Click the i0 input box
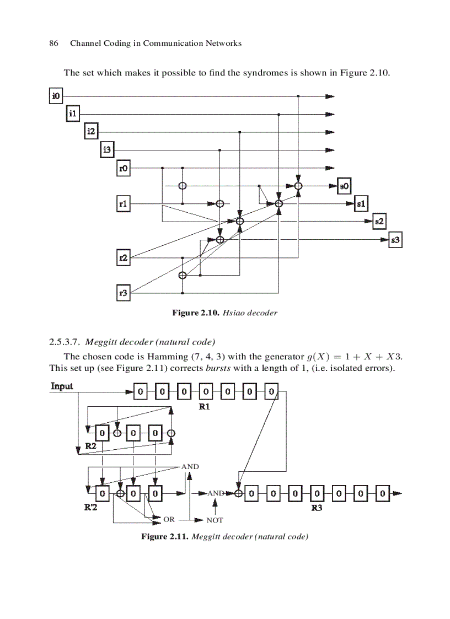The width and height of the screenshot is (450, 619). pos(56,96)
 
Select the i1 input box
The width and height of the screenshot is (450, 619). pos(73,114)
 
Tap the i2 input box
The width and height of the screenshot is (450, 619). pos(91,132)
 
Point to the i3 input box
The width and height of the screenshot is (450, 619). pos(107,149)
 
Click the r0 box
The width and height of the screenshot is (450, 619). pos(124,168)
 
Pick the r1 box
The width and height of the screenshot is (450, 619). pos(124,203)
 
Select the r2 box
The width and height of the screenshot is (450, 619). pos(124,257)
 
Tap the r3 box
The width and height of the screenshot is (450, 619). pos(124,293)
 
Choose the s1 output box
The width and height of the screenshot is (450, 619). pos(361,203)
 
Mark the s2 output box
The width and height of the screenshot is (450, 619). pos(379,222)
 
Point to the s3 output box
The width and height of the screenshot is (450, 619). pos(395,240)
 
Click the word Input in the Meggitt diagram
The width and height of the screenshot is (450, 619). pos(62,386)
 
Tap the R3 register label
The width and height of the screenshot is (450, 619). pos(317,507)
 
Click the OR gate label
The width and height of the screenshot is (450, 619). pos(169,519)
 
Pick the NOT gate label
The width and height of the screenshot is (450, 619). pos(215,520)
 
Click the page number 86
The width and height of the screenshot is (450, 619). pos(54,44)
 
